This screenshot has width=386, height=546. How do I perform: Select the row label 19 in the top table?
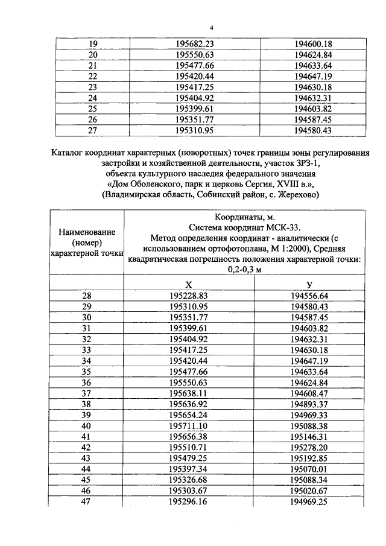92,44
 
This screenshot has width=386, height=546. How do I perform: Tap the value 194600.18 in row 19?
313,44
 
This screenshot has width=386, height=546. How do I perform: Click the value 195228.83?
189,296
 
